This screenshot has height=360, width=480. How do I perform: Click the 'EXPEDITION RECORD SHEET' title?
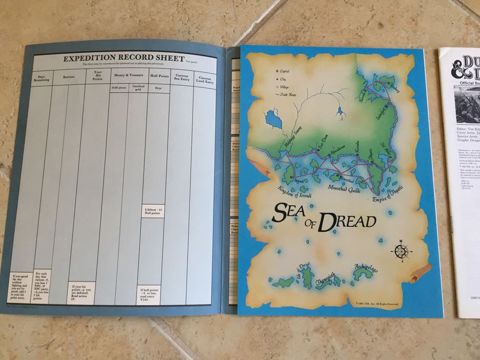[124, 58]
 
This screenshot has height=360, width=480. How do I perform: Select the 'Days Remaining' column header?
[44, 77]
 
